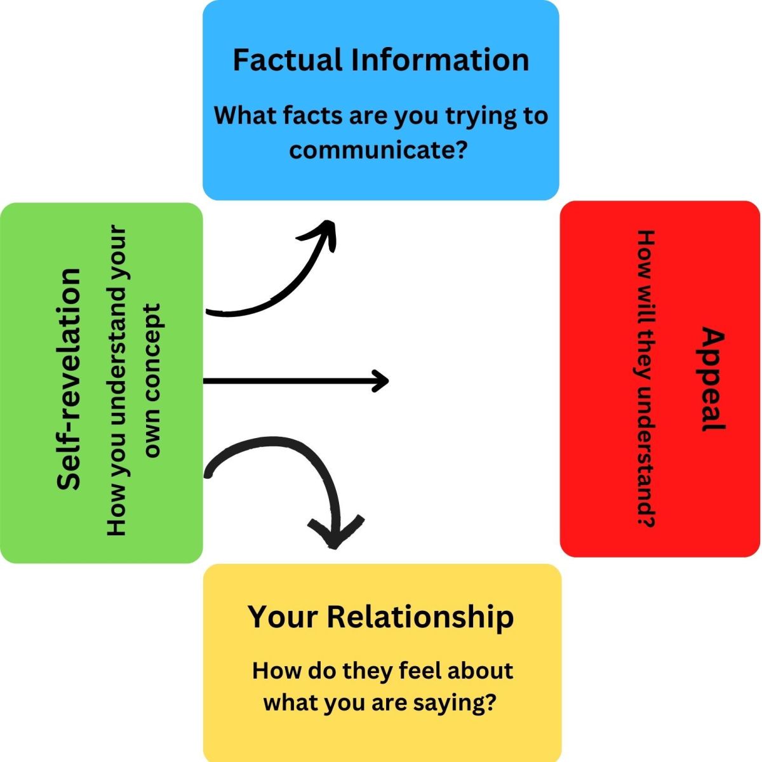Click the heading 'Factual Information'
380,60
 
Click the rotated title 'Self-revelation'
69,379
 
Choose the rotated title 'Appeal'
713,379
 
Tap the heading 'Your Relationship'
380,617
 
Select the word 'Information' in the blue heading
441,60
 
